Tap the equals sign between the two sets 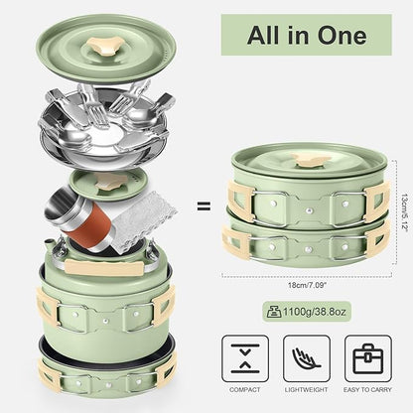204,206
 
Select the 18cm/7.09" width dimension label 307,285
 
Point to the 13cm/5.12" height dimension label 404,212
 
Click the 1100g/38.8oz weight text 315,312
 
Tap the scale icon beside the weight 274,312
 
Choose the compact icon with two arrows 245,358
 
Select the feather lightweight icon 307,358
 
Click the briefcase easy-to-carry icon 368,358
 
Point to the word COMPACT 245,390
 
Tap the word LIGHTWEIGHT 307,390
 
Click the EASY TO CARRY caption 367,390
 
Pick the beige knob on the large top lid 106,46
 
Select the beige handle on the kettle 105,267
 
